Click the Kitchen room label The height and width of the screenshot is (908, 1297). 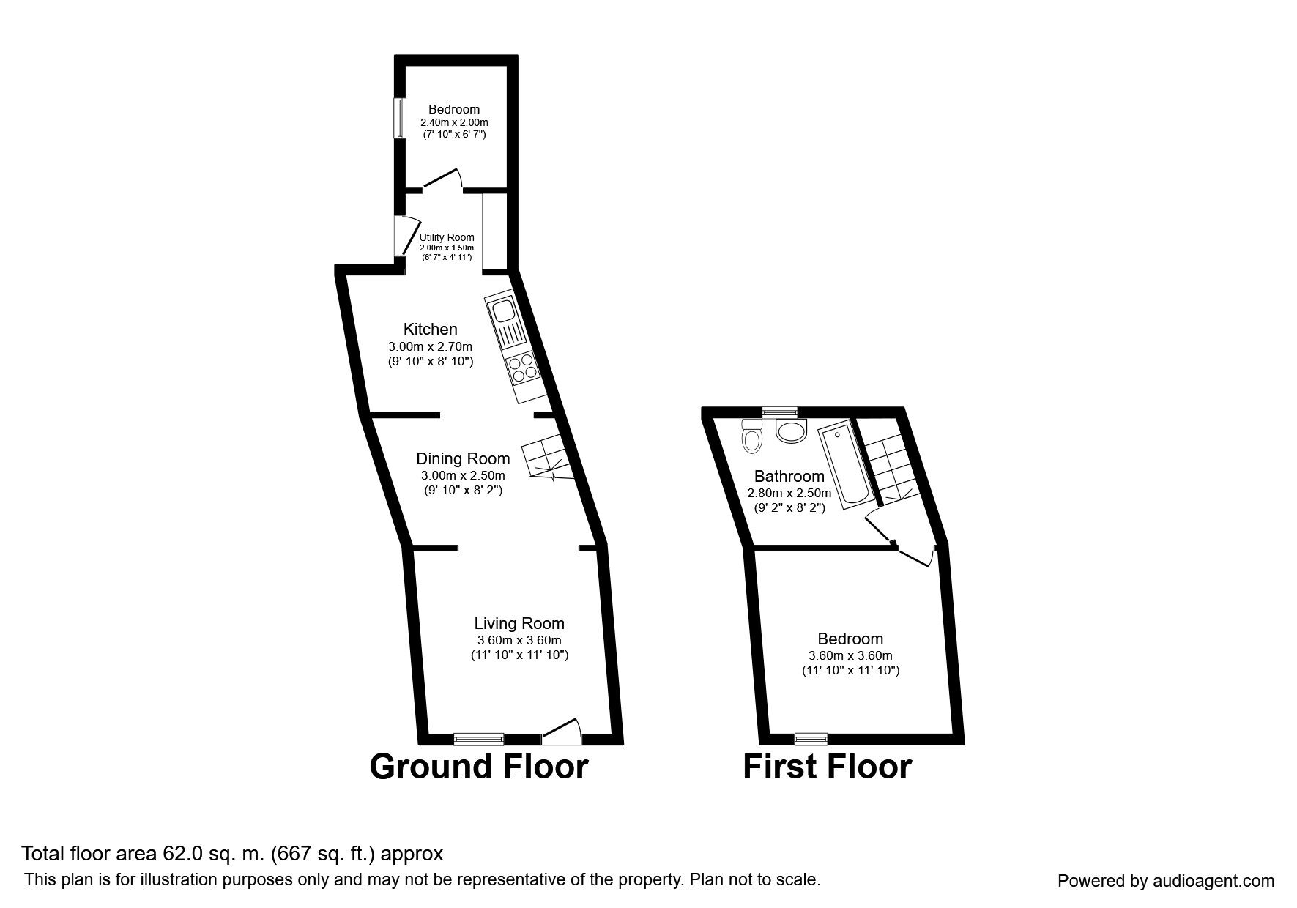[x=430, y=329]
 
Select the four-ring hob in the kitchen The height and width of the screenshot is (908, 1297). [x=522, y=368]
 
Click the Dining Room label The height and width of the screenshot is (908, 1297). [x=463, y=459]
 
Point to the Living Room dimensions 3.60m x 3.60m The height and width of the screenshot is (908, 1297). [x=519, y=640]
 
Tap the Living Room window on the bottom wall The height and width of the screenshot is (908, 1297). [x=478, y=738]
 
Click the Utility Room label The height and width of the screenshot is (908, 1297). [x=447, y=237]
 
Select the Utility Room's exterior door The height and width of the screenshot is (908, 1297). [x=405, y=234]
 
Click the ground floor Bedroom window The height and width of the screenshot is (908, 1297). [x=400, y=117]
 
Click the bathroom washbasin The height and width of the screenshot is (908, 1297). [x=790, y=431]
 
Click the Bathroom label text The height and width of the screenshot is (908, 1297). [x=789, y=477]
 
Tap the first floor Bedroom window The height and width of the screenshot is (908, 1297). [x=811, y=738]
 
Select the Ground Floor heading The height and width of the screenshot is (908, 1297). [x=479, y=767]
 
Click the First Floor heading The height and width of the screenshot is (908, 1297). [x=828, y=767]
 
